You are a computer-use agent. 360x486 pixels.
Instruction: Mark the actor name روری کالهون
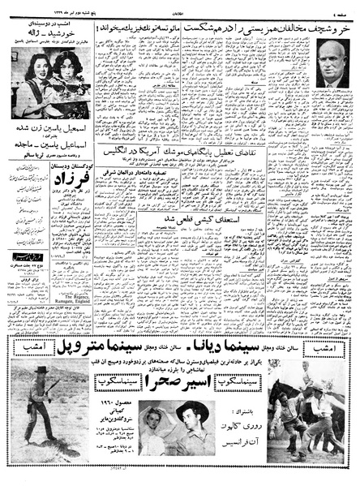click(x=239, y=421)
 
